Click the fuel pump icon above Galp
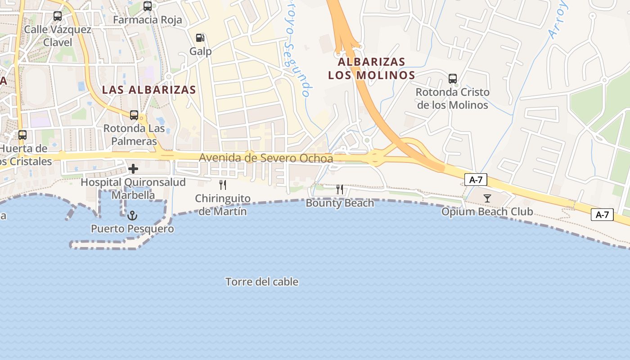click(200, 38)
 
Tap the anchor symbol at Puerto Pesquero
click(132, 216)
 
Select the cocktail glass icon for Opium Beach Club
click(487, 198)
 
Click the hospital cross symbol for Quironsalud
click(133, 169)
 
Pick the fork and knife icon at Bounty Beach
click(340, 189)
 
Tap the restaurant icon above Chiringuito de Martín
click(222, 184)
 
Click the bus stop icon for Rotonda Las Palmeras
click(134, 115)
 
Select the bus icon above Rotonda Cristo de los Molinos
click(453, 79)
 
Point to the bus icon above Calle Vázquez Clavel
click(58, 16)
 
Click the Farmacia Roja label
click(148, 20)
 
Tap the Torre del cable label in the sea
click(262, 282)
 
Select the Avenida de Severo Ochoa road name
click(266, 158)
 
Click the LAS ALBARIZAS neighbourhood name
click(149, 90)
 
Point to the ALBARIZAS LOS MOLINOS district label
click(371, 68)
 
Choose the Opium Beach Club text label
click(487, 211)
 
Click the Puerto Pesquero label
click(132, 229)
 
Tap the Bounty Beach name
click(340, 203)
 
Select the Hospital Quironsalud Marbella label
click(133, 189)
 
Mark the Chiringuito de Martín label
click(222, 204)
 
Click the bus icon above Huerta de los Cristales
click(22, 135)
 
